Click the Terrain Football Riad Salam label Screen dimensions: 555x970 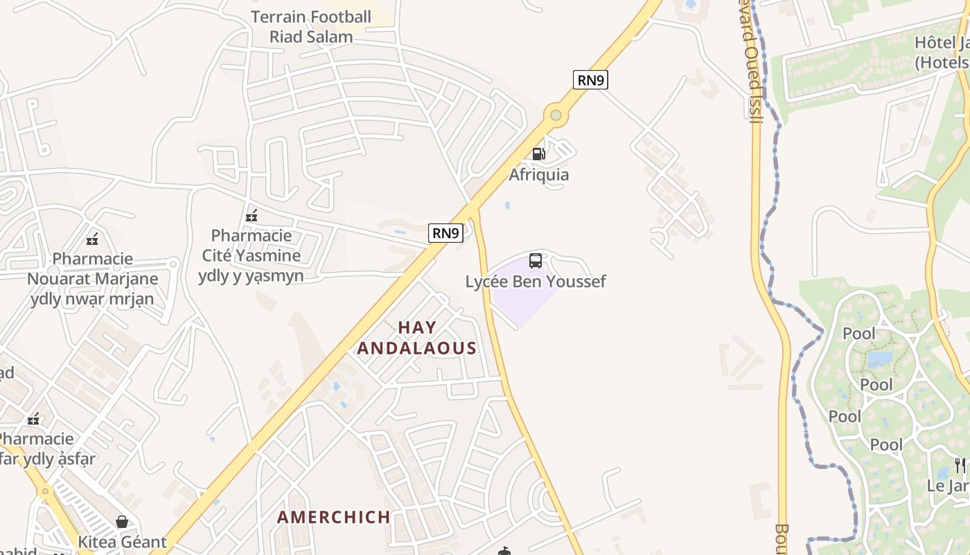(x=311, y=26)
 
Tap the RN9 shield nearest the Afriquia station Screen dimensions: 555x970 (x=590, y=80)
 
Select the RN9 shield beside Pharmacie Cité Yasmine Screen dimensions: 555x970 (x=445, y=233)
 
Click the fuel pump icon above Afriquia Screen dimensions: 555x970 (x=538, y=153)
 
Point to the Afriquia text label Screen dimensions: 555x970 (x=538, y=174)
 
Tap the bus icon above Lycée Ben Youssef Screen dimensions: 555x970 (x=536, y=261)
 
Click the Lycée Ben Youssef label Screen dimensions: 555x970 (x=535, y=282)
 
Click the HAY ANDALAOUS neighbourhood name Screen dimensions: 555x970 (x=417, y=338)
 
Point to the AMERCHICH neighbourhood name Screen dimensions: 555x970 (x=334, y=517)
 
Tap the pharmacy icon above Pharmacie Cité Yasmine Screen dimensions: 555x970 (x=252, y=216)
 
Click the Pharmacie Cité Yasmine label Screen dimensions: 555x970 (x=252, y=255)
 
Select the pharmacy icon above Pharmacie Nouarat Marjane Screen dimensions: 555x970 (x=92, y=240)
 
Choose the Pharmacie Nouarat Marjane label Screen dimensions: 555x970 (x=93, y=279)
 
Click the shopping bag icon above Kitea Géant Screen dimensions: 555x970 (x=122, y=522)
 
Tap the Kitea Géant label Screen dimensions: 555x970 (x=122, y=542)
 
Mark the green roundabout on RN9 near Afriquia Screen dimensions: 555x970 (x=555, y=114)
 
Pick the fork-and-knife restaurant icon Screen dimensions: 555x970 (x=960, y=465)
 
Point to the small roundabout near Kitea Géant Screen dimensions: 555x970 (x=46, y=491)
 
